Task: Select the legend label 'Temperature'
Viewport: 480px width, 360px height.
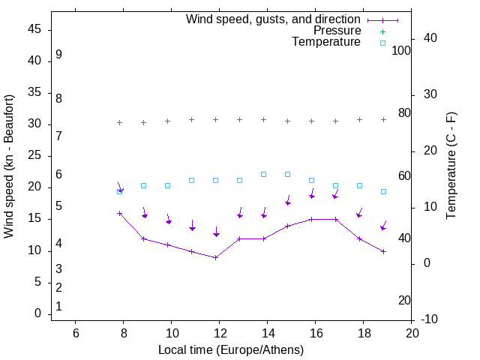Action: pyautogui.click(x=326, y=43)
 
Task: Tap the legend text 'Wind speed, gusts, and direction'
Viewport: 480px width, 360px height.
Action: pyautogui.click(x=273, y=19)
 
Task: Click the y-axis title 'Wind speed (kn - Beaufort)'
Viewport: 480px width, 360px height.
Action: pyautogui.click(x=9, y=166)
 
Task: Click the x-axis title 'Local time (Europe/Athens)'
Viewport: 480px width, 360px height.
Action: pyautogui.click(x=231, y=349)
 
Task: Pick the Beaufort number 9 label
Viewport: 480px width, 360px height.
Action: pyautogui.click(x=58, y=55)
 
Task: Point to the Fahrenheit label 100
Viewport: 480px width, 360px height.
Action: pyautogui.click(x=401, y=50)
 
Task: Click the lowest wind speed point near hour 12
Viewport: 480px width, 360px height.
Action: pyautogui.click(x=216, y=257)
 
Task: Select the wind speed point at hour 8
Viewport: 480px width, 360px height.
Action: pyautogui.click(x=119, y=213)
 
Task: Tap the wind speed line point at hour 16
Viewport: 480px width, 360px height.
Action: pyautogui.click(x=312, y=219)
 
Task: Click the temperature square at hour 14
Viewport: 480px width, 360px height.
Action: pyautogui.click(x=264, y=174)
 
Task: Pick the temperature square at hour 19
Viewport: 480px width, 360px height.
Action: pyautogui.click(x=383, y=191)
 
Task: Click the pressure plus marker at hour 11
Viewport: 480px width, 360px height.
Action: pyautogui.click(x=192, y=119)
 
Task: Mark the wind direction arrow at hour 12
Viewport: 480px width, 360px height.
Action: pyautogui.click(x=216, y=232)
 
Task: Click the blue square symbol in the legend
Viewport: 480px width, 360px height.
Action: pyautogui.click(x=382, y=43)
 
